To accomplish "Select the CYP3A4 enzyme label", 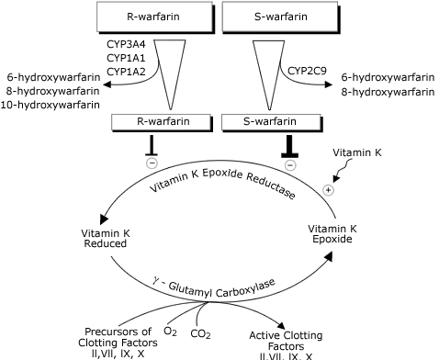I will (125, 43).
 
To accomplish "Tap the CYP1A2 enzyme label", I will (125, 71).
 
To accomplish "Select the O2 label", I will (170, 329).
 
